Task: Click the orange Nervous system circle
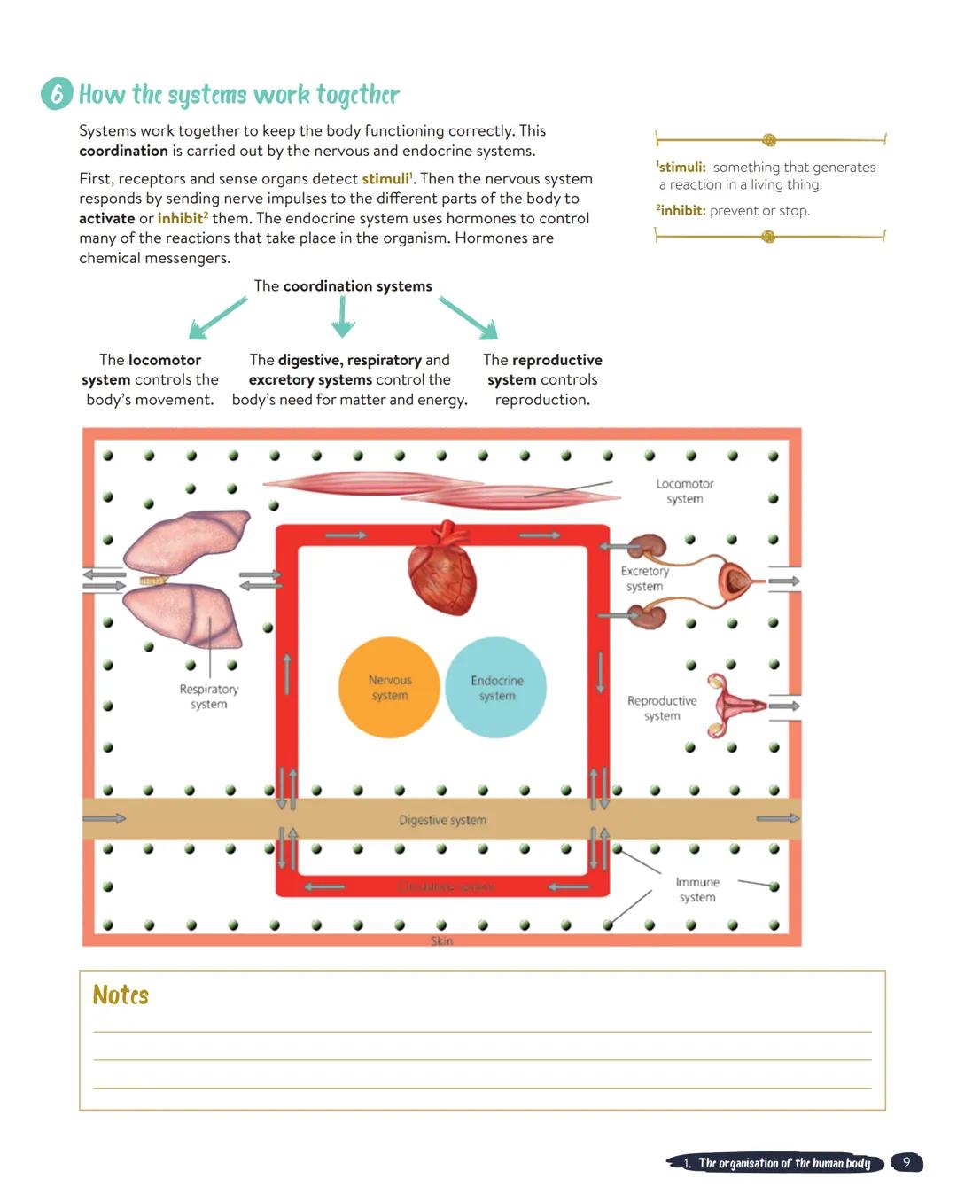pos(389,688)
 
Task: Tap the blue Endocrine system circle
pos(496,688)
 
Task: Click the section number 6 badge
pos(57,93)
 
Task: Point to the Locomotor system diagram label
pos(684,491)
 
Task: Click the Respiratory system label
pos(208,697)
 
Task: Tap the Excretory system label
pos(644,579)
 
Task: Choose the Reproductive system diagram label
pos(661,708)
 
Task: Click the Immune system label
pos(697,889)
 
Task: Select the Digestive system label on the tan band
pos(442,820)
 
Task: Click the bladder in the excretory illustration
pos(735,581)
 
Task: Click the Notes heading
pos(121,995)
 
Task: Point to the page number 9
pos(906,1162)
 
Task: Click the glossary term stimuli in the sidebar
pos(681,167)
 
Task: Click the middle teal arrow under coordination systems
pos(343,316)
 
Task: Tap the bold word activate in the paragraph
pos(106,218)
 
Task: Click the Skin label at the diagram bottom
pos(441,940)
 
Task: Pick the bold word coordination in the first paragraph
pos(123,151)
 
